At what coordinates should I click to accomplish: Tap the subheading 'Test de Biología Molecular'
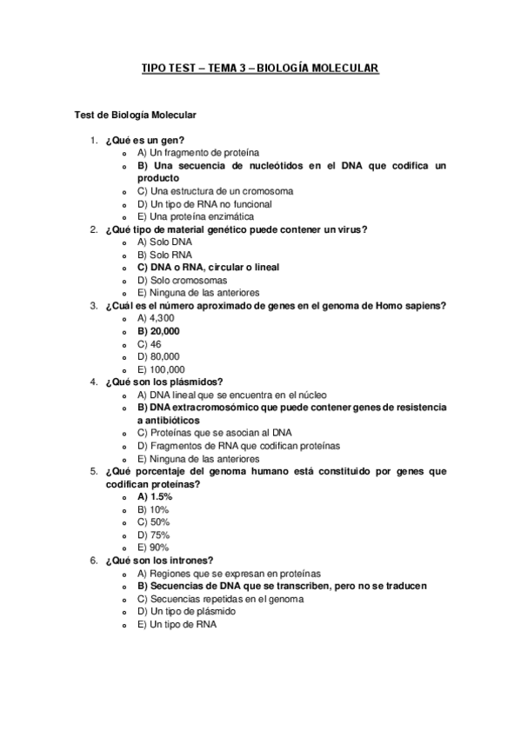136,115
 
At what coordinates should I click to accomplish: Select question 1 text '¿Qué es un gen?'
144,140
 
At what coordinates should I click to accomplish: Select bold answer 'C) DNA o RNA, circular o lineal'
208,268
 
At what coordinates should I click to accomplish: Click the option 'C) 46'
150,344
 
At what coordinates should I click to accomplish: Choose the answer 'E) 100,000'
161,369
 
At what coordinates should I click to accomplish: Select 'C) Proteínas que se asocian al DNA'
210,433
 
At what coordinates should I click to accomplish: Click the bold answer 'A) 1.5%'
155,496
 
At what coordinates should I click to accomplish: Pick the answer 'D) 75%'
153,535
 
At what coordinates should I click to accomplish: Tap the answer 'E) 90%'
153,548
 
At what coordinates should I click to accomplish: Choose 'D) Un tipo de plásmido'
186,612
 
